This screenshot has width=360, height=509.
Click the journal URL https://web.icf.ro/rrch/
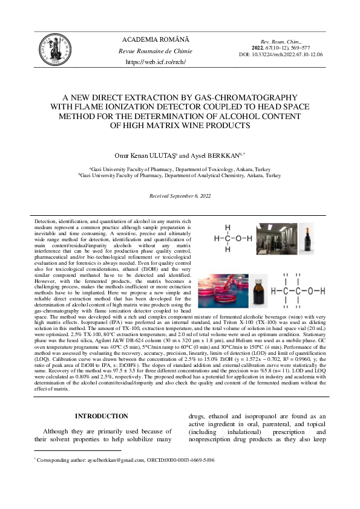click(155, 62)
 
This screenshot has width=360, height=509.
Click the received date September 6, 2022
click(192, 196)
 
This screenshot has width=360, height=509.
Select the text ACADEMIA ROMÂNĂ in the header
click(155, 39)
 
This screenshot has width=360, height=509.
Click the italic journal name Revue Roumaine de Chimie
click(155, 51)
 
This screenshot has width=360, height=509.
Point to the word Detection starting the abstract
click(45, 222)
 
